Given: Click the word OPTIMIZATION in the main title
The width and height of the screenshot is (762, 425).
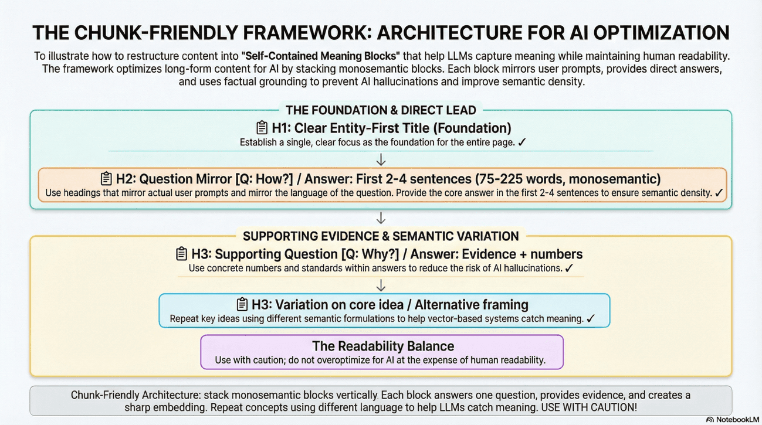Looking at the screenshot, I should [x=655, y=33].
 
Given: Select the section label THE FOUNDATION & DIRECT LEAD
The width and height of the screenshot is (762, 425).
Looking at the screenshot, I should [x=381, y=110].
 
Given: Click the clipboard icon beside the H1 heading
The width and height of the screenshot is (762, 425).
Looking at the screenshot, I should [x=262, y=128].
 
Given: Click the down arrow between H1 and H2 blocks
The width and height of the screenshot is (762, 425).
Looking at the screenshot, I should [x=381, y=159].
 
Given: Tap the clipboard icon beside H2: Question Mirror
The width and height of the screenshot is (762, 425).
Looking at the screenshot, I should [x=106, y=178].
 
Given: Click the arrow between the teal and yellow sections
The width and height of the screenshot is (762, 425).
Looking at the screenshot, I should [x=381, y=218].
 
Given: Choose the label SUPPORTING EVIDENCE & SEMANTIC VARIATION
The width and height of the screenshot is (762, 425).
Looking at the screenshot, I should [x=381, y=236].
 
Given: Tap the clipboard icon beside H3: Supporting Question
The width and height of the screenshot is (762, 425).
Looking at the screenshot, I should [x=182, y=254].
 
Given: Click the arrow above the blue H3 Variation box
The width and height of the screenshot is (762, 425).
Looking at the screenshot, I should [x=381, y=285].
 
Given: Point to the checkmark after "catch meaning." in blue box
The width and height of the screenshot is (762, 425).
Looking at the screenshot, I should [x=591, y=319].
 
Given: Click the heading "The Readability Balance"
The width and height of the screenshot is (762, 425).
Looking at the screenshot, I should [x=382, y=345].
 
